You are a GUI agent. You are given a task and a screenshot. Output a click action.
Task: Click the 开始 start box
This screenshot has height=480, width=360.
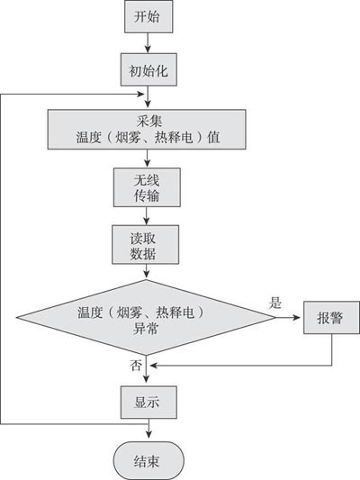tap(148, 16)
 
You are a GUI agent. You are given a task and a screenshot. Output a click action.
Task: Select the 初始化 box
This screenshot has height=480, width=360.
tap(148, 69)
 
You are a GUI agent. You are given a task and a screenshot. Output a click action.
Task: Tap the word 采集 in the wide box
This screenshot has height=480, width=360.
tap(149, 122)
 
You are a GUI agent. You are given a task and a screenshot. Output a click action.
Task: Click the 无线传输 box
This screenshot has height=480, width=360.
tap(147, 187)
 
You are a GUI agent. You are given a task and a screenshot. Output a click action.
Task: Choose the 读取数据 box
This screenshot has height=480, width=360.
tap(145, 245)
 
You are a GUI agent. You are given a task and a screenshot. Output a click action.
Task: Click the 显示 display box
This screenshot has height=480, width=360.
tap(148, 403)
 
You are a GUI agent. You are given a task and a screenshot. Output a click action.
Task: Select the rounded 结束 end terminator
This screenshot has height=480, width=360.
tap(148, 460)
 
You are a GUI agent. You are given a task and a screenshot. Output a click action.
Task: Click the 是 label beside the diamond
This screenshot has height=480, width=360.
tap(274, 303)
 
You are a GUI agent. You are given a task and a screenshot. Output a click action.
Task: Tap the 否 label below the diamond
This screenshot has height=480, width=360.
tap(136, 366)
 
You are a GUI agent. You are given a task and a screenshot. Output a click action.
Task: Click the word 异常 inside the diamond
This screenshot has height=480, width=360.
tap(146, 329)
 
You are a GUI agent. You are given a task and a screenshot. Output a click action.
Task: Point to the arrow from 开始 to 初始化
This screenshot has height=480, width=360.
tap(148, 43)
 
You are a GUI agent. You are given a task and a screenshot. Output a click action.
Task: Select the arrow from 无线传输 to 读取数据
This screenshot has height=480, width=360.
tap(147, 216)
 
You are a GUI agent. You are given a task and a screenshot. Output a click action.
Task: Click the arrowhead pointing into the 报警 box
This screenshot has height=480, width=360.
tap(296, 318)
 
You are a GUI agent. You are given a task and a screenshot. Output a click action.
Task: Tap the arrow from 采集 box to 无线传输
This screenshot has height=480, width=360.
tap(147, 158)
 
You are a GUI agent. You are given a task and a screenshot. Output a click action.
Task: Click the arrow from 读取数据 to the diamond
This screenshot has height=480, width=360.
tap(146, 272)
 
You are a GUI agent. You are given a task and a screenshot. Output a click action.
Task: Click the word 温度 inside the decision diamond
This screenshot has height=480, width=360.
tap(89, 312)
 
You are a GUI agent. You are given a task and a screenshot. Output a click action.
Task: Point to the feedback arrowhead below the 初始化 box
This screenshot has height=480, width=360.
tap(140, 94)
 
